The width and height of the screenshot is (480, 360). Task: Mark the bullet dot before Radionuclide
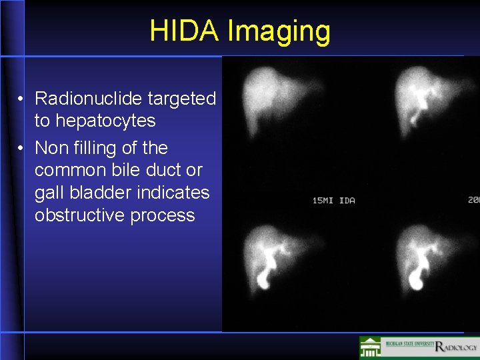pyautogui.click(x=22, y=99)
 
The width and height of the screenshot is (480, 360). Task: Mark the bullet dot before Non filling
pyautogui.click(x=22, y=148)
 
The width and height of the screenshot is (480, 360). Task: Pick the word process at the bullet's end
pyautogui.click(x=163, y=216)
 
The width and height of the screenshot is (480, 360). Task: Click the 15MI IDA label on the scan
pyautogui.click(x=333, y=200)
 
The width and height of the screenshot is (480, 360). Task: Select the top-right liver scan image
pyautogui.click(x=427, y=100)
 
